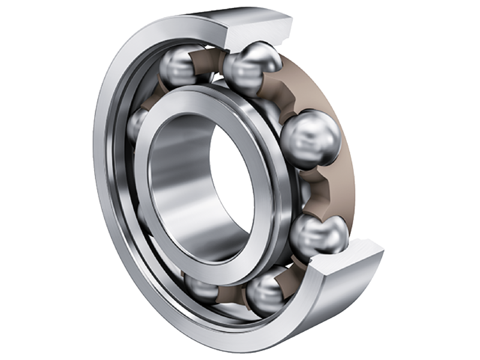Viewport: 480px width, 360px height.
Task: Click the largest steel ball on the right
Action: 310,140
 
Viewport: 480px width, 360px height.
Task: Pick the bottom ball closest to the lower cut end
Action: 268,292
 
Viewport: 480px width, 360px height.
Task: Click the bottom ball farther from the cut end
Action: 201,287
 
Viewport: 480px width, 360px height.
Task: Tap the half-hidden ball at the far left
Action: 137,123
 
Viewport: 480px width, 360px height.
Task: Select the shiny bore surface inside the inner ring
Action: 180,180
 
